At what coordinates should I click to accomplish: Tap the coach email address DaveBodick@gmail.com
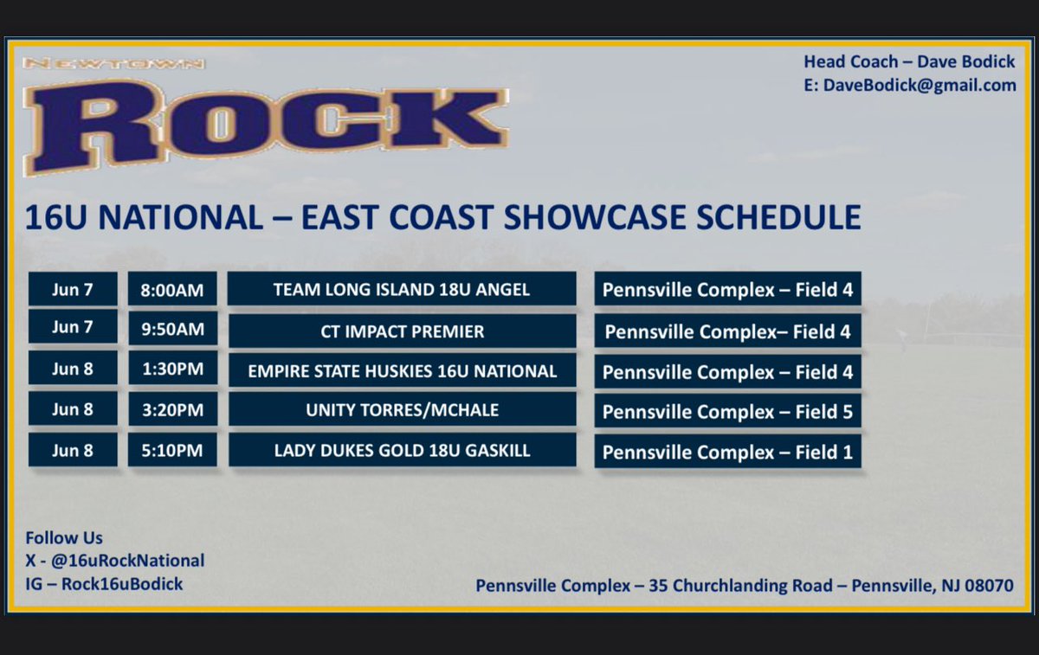tap(909, 85)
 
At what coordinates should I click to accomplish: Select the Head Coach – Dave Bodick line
tap(909, 61)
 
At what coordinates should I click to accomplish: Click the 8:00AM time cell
tap(172, 289)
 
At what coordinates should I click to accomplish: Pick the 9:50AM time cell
tap(172, 330)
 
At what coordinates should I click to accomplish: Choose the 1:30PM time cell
tap(172, 369)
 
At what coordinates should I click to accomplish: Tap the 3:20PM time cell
tap(172, 410)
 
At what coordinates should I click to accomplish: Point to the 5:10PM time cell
tap(172, 450)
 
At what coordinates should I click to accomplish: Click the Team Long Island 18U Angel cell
tap(402, 289)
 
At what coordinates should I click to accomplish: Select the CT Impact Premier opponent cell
tap(402, 331)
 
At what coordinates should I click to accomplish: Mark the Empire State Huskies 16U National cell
tap(402, 370)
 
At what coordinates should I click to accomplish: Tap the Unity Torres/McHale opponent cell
tap(402, 410)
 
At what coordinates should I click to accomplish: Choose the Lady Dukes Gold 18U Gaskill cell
tap(402, 450)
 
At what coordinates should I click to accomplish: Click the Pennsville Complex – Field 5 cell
tap(727, 412)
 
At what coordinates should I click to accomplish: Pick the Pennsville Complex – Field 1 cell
tap(727, 453)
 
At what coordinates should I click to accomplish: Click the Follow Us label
tap(64, 538)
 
